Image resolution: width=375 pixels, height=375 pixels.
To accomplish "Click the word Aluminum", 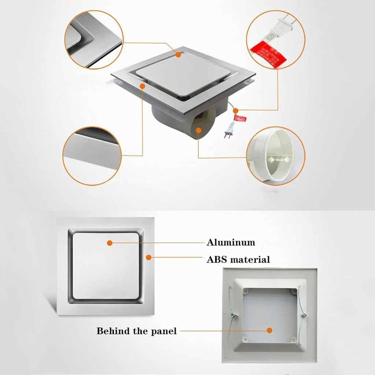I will tap(231, 242).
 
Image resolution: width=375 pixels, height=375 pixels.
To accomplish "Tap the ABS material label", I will tap(238, 260).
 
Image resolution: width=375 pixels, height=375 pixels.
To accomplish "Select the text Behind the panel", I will tap(136, 331).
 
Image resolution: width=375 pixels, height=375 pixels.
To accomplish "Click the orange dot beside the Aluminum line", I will tap(109, 243).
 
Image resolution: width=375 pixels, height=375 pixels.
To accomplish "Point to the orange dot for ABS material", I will tap(148, 257).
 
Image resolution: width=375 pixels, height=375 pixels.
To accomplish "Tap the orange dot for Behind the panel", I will tap(270, 330).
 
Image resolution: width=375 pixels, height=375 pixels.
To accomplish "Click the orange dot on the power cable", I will tap(235, 110).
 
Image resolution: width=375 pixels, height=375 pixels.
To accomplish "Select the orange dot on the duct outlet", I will tap(198, 130).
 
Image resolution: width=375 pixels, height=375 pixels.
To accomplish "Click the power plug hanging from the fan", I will tap(229, 131).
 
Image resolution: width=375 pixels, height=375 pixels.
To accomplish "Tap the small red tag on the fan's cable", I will tap(240, 118).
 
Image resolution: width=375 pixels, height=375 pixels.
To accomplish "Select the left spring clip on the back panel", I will tap(231, 315).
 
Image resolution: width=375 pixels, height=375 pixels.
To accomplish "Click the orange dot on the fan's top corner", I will tap(178, 55).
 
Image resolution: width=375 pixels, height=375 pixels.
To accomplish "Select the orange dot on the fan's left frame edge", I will tap(142, 86).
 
